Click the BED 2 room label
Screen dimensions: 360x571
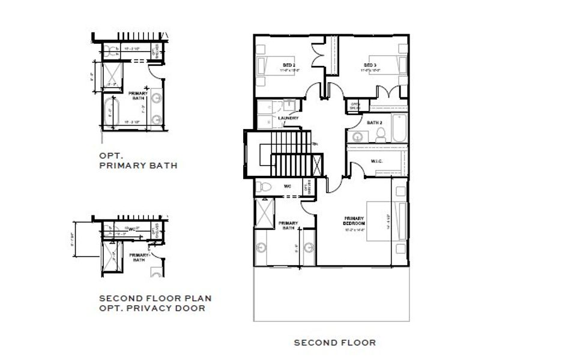(x=289, y=64)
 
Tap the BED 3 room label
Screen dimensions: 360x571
(x=369, y=64)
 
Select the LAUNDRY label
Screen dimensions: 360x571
(x=289, y=118)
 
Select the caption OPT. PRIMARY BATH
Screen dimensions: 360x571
(x=138, y=160)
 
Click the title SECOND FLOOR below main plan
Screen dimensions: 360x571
(x=334, y=343)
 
